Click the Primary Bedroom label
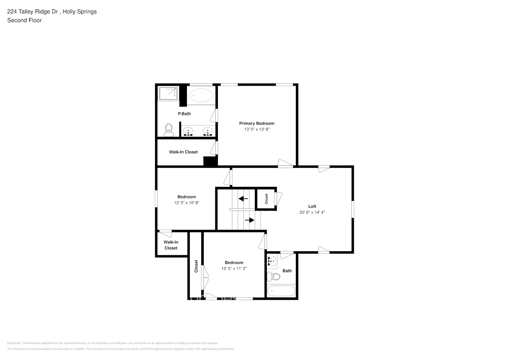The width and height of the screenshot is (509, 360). (257, 123)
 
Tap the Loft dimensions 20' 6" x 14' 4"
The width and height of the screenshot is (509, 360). (312, 212)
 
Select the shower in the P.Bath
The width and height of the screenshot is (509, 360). (168, 94)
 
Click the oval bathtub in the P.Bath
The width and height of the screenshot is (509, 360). (201, 95)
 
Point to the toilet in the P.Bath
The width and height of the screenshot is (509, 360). (168, 130)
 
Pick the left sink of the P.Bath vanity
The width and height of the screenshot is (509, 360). (188, 131)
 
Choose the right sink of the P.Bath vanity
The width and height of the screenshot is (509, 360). (207, 131)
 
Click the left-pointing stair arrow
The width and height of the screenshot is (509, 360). (243, 198)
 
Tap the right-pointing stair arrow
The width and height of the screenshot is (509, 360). (249, 220)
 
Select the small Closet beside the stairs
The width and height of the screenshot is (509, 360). (266, 199)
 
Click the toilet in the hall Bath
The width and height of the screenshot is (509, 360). (274, 276)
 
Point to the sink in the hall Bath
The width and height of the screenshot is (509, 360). (272, 261)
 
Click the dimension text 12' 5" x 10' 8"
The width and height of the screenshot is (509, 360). (186, 203)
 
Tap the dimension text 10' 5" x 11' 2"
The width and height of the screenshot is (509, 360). (234, 269)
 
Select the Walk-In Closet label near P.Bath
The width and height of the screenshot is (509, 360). (183, 152)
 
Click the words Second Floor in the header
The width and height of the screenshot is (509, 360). (24, 20)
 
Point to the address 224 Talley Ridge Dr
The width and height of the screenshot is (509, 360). (33, 12)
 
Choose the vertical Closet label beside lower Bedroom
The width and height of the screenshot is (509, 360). (196, 266)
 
